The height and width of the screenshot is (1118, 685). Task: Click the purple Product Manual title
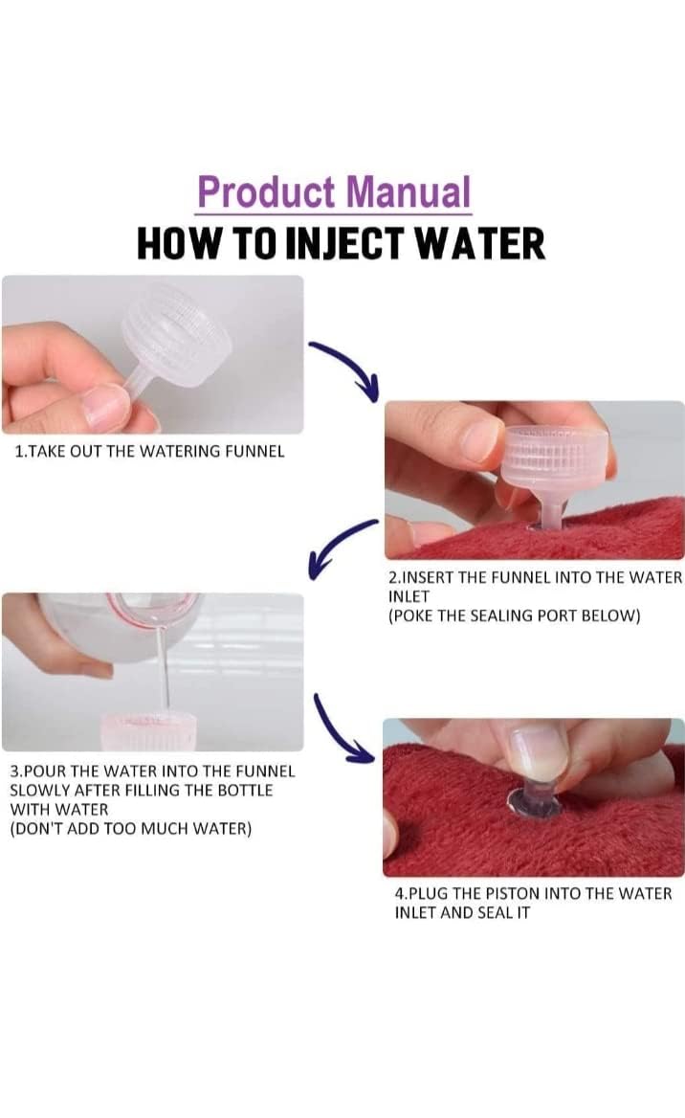pyautogui.click(x=334, y=191)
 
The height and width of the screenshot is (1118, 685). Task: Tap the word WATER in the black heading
pyautogui.click(x=480, y=244)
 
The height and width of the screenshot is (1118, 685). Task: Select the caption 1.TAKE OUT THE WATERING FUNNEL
pyautogui.click(x=149, y=452)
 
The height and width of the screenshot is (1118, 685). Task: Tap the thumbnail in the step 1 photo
pyautogui.click(x=104, y=404)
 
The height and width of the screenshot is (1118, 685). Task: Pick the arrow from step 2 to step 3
pyautogui.click(x=341, y=546)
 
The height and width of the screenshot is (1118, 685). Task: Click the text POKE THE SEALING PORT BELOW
pyautogui.click(x=514, y=615)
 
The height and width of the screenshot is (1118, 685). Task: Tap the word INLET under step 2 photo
pyautogui.click(x=409, y=596)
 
